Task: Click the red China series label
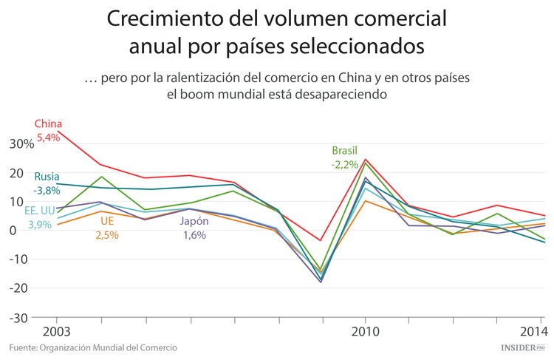48,123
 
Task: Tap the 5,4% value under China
48,137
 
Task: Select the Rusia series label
47,176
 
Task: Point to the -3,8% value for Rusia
47,189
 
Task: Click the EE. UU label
40,211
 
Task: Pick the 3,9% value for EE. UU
40,224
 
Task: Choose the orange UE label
106,221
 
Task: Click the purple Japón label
195,221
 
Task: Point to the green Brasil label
345,150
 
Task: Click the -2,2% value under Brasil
345,163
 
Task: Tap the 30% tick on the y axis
21,143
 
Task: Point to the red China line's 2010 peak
365,159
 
